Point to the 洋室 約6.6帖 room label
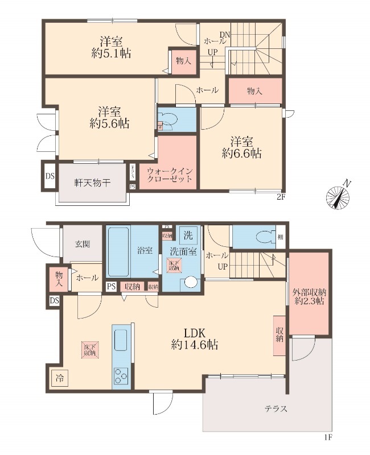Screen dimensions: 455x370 point(242,147)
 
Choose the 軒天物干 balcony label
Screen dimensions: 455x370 point(92,183)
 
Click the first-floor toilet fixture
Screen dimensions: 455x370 point(262,237)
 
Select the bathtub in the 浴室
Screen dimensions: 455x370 point(118,251)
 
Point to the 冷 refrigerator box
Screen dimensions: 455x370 point(60,377)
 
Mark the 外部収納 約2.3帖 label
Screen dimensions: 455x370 point(309,296)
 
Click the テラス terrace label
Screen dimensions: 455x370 point(276,408)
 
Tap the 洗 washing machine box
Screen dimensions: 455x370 point(187,233)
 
